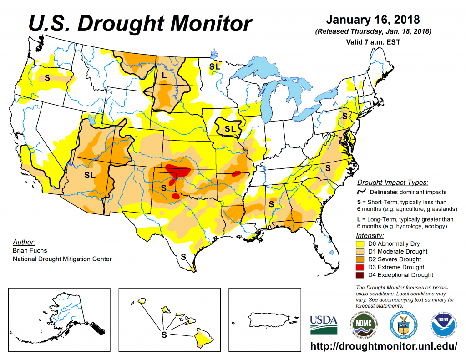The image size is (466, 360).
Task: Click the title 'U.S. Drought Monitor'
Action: coord(140,23)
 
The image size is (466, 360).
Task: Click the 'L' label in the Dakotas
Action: coord(164,75)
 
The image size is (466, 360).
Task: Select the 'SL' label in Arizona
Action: coord(90,174)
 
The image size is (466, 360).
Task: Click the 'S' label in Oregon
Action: coord(47,77)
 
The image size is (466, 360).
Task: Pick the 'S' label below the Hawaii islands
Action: coord(164,335)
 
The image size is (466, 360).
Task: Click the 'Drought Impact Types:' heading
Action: coord(392,183)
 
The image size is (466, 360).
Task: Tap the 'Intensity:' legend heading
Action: coord(370,235)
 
